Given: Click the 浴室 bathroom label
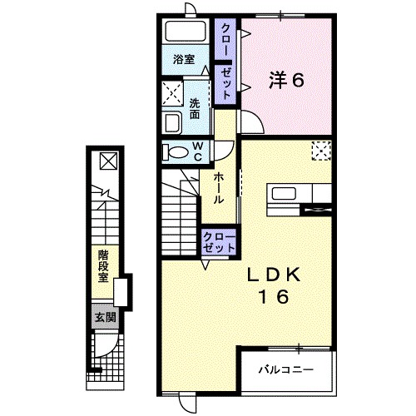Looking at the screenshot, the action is pyautogui.click(x=184, y=59).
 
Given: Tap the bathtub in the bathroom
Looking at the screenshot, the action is pyautogui.click(x=186, y=31).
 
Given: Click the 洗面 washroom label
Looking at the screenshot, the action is pyautogui.click(x=195, y=109).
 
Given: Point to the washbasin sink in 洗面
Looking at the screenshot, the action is pyautogui.click(x=172, y=123).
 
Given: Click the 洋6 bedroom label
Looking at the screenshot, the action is pyautogui.click(x=286, y=81).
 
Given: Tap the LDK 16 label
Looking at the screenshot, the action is pyautogui.click(x=274, y=285).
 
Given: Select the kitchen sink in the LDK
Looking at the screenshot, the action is pyautogui.click(x=284, y=193).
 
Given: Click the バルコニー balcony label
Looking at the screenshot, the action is pyautogui.click(x=286, y=369).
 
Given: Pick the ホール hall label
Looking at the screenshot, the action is pyautogui.click(x=219, y=188).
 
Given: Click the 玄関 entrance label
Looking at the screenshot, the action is pyautogui.click(x=106, y=317).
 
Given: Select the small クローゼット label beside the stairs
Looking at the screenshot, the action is pyautogui.click(x=219, y=242).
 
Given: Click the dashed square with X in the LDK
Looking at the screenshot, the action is pyautogui.click(x=321, y=151).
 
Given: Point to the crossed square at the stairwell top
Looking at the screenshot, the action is pyautogui.click(x=109, y=161).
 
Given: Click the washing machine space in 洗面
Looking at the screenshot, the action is pyautogui.click(x=172, y=93).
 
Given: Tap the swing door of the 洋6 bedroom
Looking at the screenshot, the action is pyautogui.click(x=251, y=121).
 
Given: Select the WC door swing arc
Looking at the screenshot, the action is pyautogui.click(x=224, y=151).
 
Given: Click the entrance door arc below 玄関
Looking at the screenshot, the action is pyautogui.click(x=106, y=346).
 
